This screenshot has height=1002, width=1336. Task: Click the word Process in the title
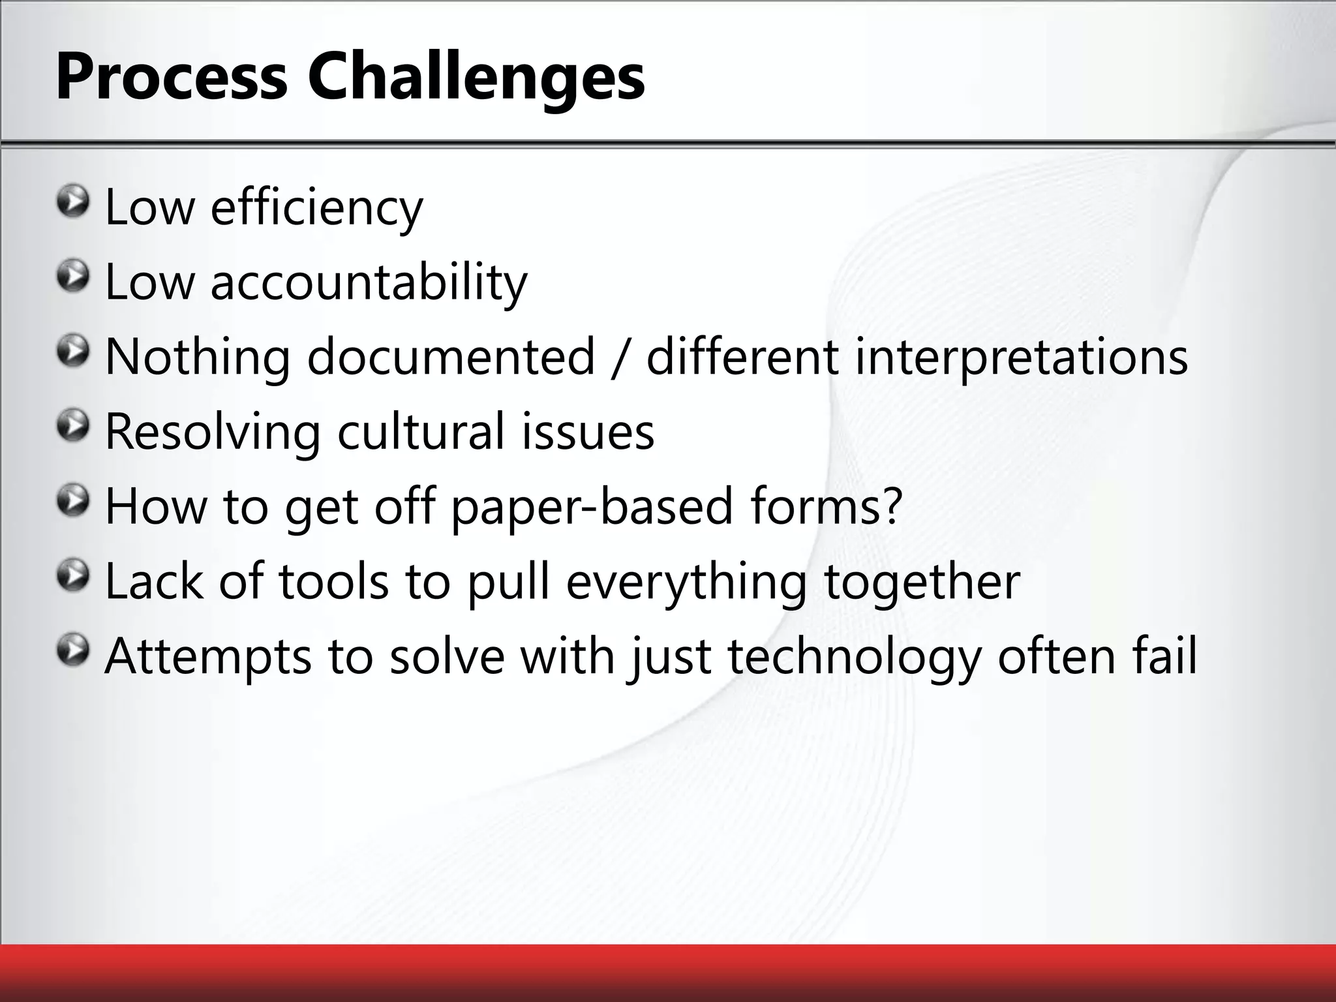tap(172, 77)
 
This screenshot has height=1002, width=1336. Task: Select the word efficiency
tap(316, 207)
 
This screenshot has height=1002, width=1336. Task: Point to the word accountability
tap(369, 282)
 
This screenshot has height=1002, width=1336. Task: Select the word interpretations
tap(1021, 357)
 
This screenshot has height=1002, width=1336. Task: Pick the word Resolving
tap(213, 432)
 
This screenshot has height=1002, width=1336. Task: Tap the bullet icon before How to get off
tap(72, 501)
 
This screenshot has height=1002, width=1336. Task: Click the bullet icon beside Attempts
tap(72, 650)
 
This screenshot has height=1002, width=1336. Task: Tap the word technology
tap(854, 656)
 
